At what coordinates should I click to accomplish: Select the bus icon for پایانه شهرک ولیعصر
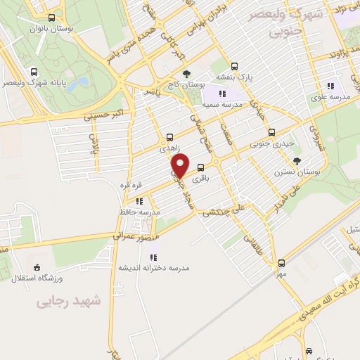34,72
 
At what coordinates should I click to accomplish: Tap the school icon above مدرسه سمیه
222,94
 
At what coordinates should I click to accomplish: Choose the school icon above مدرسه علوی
330,85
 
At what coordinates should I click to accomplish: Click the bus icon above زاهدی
169,138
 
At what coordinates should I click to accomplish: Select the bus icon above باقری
202,167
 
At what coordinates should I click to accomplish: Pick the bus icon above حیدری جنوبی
272,133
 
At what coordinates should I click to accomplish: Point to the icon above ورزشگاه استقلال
37,267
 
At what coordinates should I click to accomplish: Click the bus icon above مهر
281,263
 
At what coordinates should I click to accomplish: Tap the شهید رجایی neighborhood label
69,301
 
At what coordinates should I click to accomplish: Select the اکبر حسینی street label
103,115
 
